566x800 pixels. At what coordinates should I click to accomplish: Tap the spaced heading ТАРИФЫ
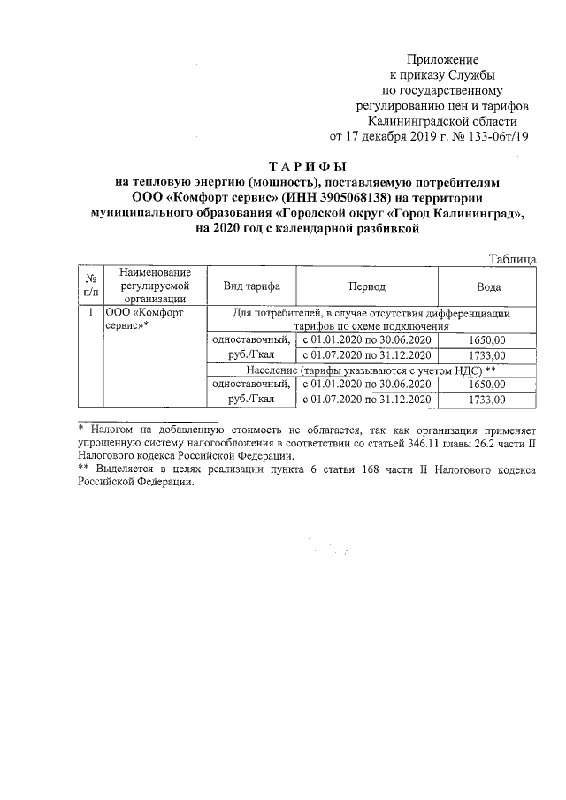(309, 166)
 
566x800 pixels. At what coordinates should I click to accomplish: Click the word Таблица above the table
(513, 259)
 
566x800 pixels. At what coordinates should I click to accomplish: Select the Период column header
(367, 287)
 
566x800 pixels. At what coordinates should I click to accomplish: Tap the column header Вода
(489, 287)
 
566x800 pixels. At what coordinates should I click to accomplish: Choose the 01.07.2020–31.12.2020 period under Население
(367, 400)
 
